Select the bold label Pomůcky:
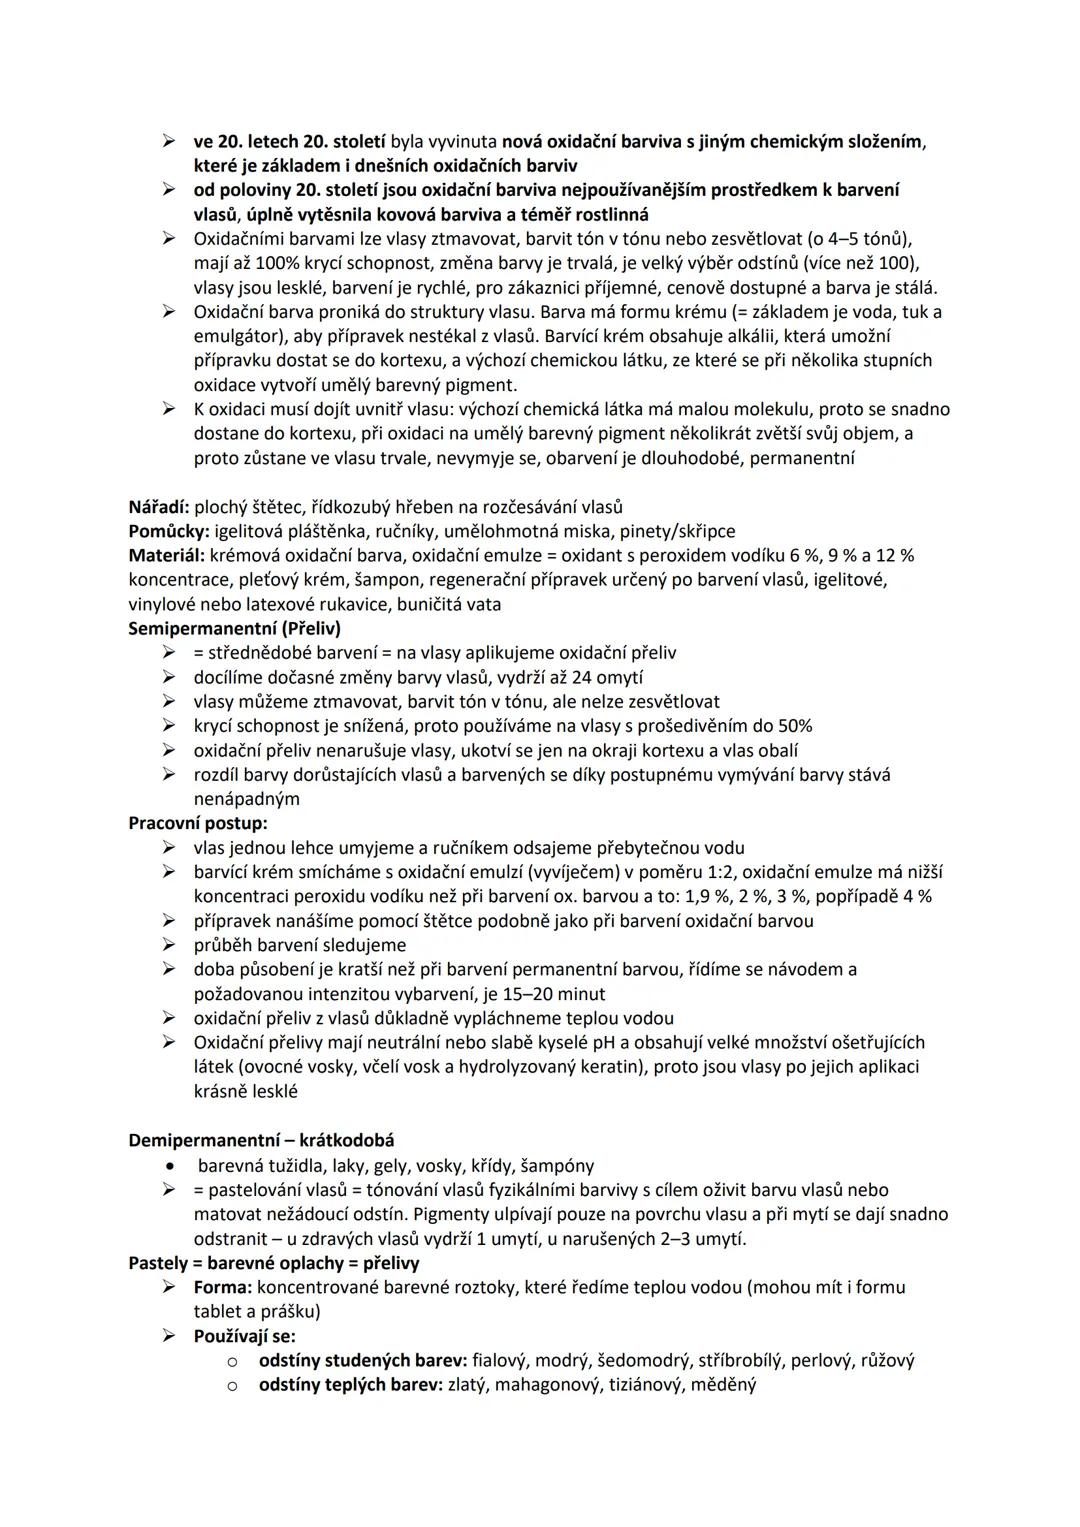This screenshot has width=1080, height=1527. (x=166, y=530)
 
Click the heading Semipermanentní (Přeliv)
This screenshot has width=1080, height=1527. (x=234, y=628)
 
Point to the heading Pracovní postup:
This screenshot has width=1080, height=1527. (x=198, y=823)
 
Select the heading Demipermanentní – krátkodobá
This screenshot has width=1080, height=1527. (x=261, y=1140)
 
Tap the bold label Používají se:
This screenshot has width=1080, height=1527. (x=244, y=1336)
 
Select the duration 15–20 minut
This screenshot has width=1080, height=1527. (x=564, y=994)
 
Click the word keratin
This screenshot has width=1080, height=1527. (x=609, y=1067)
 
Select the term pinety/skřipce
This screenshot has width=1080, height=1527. (x=679, y=530)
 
